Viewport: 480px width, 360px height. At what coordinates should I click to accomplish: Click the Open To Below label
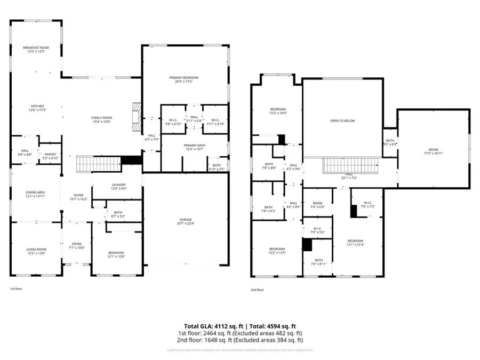pos(342,121)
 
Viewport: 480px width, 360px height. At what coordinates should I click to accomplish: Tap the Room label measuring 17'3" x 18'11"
pos(433,151)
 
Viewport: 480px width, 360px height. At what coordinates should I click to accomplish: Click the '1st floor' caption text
pos(15,289)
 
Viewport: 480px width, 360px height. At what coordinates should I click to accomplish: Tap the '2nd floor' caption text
pos(257,290)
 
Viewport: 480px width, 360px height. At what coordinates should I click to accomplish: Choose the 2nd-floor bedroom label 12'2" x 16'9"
pos(277,111)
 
